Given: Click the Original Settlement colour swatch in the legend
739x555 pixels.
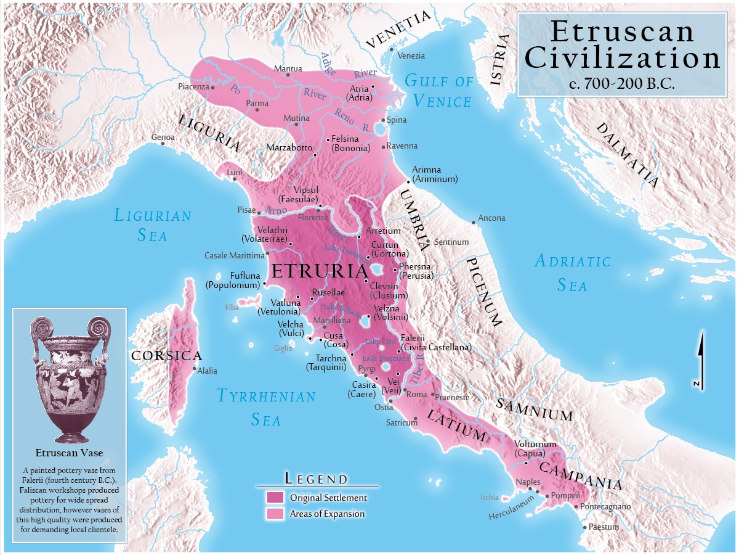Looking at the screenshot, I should coord(275,497).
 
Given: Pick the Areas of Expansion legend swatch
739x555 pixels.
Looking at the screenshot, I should coord(275,514).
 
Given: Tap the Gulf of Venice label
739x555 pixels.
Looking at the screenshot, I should coord(439,91).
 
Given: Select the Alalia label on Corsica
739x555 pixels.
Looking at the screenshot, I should coord(207,371).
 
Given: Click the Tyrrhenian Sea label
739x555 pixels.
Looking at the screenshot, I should coord(266,408).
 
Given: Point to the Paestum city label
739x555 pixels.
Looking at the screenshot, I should coord(604,527).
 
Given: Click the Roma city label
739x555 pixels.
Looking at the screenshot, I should coord(417,394).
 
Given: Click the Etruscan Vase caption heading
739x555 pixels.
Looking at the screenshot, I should coord(69,453).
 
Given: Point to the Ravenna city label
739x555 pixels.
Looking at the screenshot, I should coord(402,146).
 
